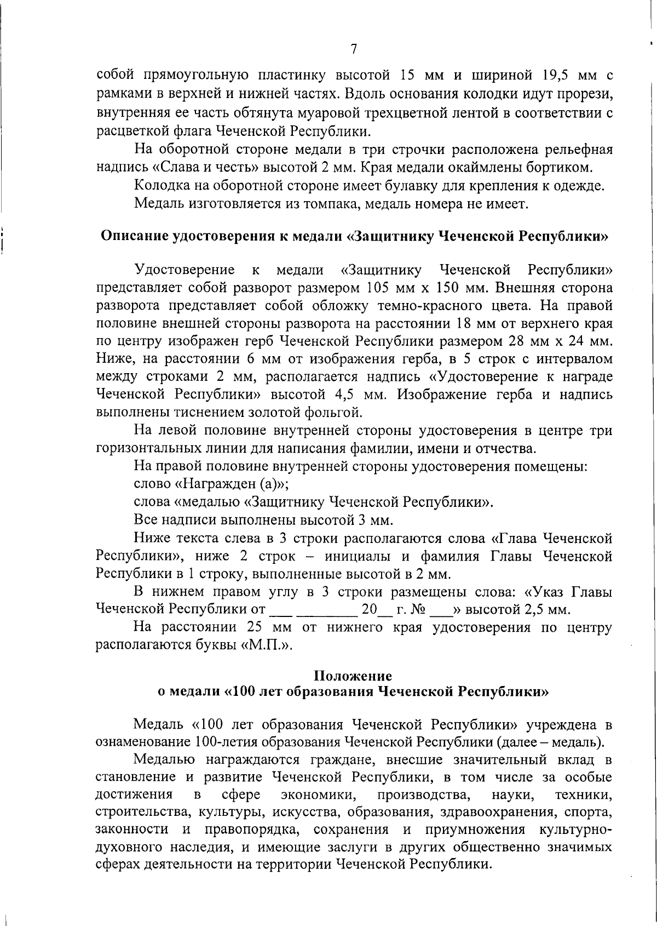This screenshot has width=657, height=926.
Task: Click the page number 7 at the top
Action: [x=353, y=49]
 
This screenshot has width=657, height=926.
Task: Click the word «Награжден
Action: [x=216, y=484]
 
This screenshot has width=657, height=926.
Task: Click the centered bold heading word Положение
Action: [x=353, y=676]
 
